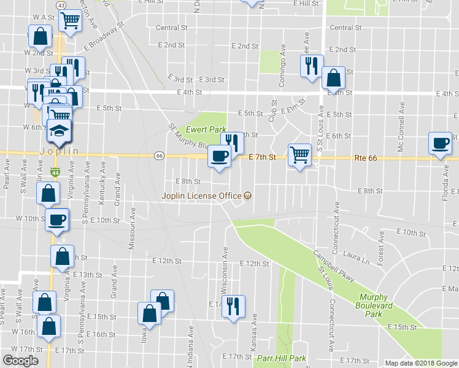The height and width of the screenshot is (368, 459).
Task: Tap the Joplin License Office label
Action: pos(202,196)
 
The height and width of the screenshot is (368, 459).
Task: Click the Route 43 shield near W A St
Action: pos(61,5)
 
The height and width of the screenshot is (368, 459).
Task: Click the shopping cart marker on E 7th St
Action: pos(299,155)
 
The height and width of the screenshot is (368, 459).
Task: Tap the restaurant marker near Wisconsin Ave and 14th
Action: pos(233,307)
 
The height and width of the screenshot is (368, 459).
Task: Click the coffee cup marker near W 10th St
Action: pos(57,220)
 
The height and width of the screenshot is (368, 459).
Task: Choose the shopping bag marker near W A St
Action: pos(40,37)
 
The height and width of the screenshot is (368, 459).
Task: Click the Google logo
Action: pos(20,361)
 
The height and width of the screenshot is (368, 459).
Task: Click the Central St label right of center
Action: pos(345,28)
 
